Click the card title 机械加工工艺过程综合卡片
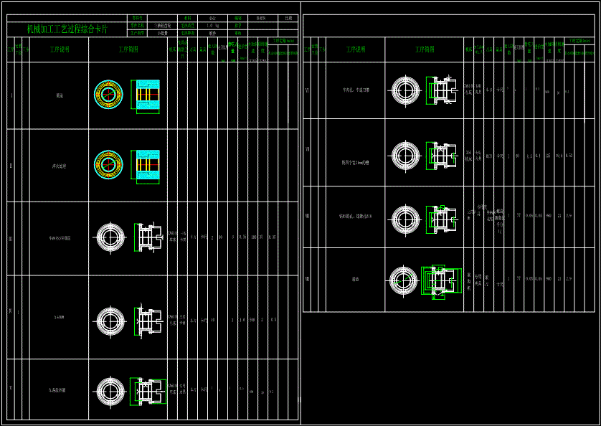coord(67,29)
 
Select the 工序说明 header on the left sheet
coord(60,49)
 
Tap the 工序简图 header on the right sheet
coord(425,49)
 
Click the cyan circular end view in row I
coord(108,95)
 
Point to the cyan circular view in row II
coord(108,165)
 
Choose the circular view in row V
coord(110,391)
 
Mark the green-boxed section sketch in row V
coord(148,391)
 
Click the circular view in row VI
coord(405,90)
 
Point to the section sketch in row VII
coord(441,154)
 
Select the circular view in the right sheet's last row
coord(403,280)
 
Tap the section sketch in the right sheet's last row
coord(439,280)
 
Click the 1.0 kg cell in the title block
coord(212,25)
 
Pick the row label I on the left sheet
coord(11,95)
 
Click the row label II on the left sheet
coord(11,165)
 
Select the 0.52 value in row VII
coord(569,155)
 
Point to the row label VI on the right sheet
coord(307,90)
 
